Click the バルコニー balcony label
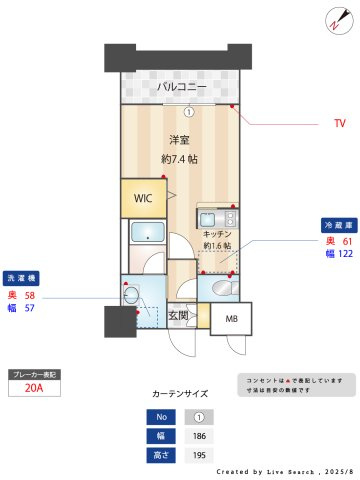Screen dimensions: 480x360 (x=181, y=88)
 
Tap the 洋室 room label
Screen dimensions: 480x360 (x=180, y=140)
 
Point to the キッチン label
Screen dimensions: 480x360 (x=217, y=232)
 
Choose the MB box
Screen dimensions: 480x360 (x=232, y=319)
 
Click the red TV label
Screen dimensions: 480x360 (x=339, y=124)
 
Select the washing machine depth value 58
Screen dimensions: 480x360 (x=30, y=296)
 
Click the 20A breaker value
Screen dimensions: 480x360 (x=34, y=390)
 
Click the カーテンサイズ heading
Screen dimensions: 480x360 (x=180, y=394)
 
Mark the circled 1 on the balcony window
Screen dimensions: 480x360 (x=187, y=111)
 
